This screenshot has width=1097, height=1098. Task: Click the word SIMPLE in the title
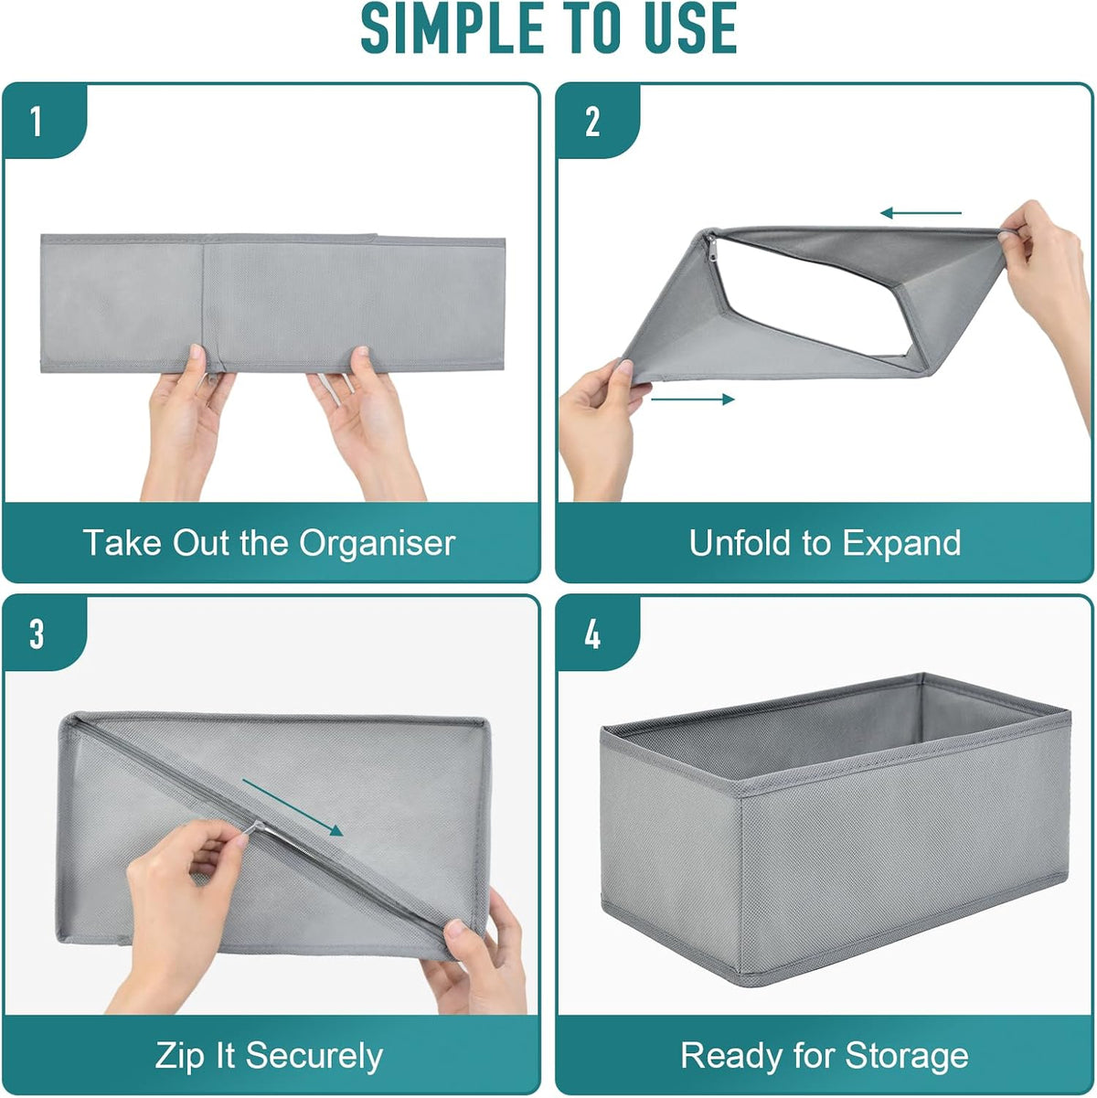452,28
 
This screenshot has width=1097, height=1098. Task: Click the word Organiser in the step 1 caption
377,544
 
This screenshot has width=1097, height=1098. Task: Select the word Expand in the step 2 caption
901,544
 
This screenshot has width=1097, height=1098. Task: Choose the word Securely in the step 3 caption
314,1056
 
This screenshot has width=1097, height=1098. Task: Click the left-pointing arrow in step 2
921,213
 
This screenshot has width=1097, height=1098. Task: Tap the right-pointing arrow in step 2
692,399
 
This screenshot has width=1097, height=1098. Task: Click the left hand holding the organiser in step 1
188,421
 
